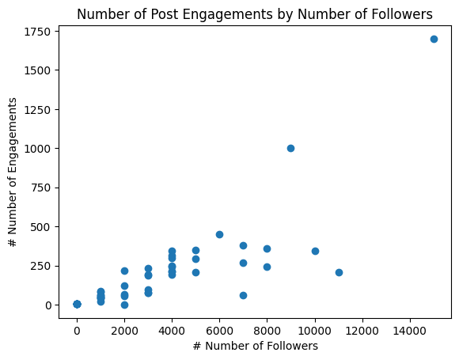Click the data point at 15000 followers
coord(434,39)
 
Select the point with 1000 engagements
coord(290,148)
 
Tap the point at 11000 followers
coord(339,272)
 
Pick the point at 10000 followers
coord(315,251)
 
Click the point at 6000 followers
coord(219,234)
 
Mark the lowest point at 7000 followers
coord(243,295)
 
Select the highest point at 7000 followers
coord(243,245)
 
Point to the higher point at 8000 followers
coord(267,248)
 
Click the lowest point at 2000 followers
coord(124,305)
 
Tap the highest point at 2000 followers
coord(124,271)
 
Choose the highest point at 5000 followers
coord(195,250)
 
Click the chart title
coord(255,13)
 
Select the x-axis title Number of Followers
coord(255,346)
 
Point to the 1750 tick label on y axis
coord(36,32)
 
